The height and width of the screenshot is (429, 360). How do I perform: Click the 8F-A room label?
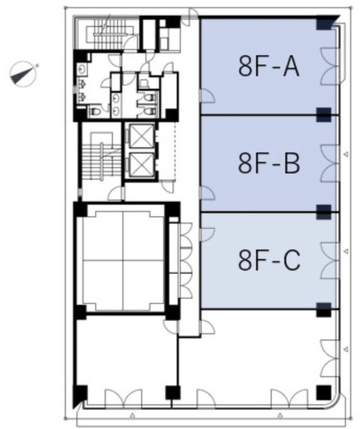pyautogui.click(x=269, y=66)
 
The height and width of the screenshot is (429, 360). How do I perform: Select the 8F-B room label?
pyautogui.click(x=269, y=163)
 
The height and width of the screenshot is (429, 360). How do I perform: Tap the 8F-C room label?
pyautogui.click(x=269, y=260)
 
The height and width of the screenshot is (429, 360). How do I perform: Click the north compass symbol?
pyautogui.click(x=24, y=74)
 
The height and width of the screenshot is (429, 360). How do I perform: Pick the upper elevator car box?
pyautogui.click(x=141, y=136)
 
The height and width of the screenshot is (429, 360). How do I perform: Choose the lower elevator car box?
pyautogui.click(x=141, y=164)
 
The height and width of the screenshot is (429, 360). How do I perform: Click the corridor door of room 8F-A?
pyautogui.click(x=207, y=96)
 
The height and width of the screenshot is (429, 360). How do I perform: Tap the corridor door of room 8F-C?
pyautogui.click(x=207, y=235)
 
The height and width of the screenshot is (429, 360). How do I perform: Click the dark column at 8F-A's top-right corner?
pyautogui.click(x=324, y=24)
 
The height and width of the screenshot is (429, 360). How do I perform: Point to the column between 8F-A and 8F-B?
pyautogui.click(x=324, y=114)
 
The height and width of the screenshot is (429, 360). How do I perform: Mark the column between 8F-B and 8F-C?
pyautogui.click(x=324, y=212)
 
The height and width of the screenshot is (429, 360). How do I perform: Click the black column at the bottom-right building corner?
pyautogui.click(x=324, y=393)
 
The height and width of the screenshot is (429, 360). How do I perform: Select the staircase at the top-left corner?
pyautogui.click(x=109, y=34)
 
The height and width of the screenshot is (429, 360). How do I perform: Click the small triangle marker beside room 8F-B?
pyautogui.click(x=346, y=154)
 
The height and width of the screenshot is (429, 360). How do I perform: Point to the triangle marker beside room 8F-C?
pyautogui.click(x=346, y=251)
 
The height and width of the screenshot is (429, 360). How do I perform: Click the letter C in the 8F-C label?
pyautogui.click(x=292, y=260)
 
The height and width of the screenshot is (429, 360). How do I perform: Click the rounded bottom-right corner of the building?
pyautogui.click(x=336, y=404)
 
